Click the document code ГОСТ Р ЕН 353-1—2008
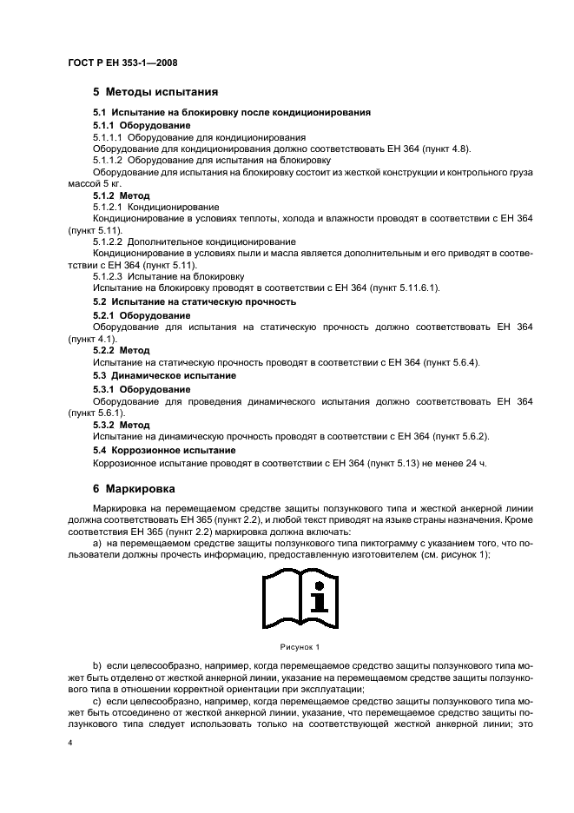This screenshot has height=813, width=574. point(122,63)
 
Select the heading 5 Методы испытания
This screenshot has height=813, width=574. point(155,91)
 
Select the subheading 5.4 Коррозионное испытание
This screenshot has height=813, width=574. point(164,450)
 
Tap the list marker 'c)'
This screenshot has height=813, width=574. point(97,710)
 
